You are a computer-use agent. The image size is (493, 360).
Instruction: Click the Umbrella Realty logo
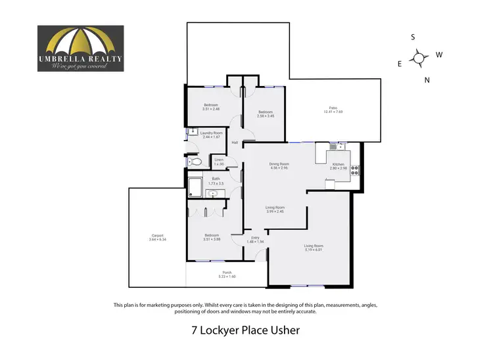[80, 48]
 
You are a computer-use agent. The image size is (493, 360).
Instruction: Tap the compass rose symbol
[419, 58]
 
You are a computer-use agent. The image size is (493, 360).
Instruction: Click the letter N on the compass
[427, 80]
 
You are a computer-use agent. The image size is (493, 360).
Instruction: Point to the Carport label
[157, 237]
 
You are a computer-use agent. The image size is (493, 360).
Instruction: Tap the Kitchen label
[338, 166]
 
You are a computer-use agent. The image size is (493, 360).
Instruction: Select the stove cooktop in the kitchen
[355, 170]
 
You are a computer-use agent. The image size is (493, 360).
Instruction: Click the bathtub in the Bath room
[195, 188]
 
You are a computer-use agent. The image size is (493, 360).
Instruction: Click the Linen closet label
[219, 162]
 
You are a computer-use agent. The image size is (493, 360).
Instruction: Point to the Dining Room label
[279, 166]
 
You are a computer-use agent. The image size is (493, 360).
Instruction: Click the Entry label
[256, 239]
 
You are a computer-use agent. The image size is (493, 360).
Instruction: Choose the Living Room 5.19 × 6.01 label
[314, 248]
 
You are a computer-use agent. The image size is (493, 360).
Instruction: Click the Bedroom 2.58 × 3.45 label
[266, 114]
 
